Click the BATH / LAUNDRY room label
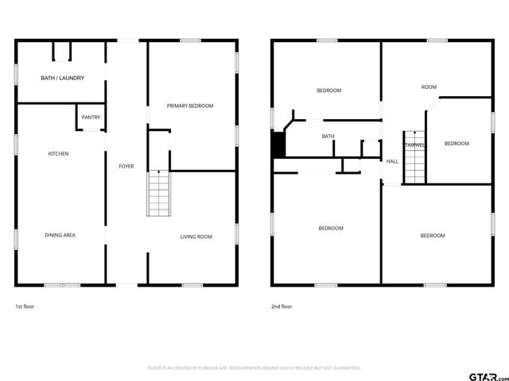tap(62, 78)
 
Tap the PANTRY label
tap(91, 117)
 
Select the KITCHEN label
tap(59, 153)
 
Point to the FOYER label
tap(126, 166)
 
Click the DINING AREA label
tap(60, 235)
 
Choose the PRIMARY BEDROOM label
tap(190, 106)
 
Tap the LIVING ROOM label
tap(196, 237)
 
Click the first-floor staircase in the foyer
tap(158, 194)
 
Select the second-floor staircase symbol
tap(414, 157)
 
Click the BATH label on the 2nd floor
tap(328, 137)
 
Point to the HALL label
tap(392, 162)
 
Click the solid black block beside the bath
tap(278, 144)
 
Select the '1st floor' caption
tap(25, 306)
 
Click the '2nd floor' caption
tap(282, 306)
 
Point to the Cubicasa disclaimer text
tap(254, 368)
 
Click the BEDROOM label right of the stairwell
tap(457, 144)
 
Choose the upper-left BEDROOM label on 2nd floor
tap(329, 90)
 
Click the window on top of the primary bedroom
tap(190, 40)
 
